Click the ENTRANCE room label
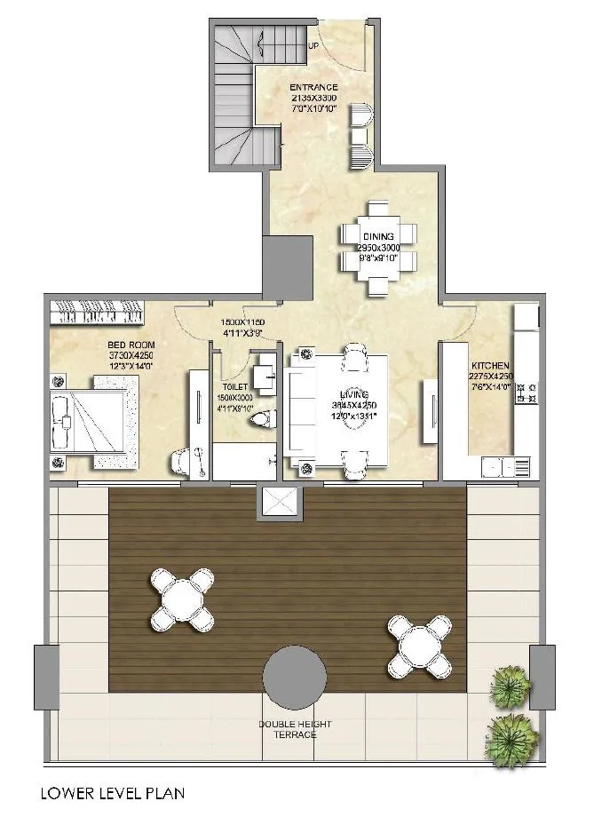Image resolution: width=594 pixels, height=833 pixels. (312, 87)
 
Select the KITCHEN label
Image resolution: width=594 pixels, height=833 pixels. (490, 365)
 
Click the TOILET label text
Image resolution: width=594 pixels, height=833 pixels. (234, 387)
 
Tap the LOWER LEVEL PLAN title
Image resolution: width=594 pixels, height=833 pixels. (113, 792)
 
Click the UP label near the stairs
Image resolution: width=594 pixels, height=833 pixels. (313, 45)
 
